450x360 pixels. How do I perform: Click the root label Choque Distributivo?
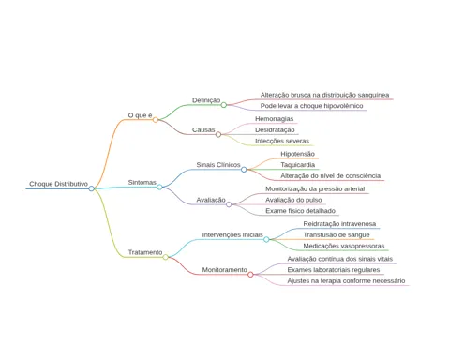coord(58,184)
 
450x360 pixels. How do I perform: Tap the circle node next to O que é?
coord(156,120)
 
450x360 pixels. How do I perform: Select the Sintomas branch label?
coord(142,182)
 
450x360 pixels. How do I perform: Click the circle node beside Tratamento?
coord(165,257)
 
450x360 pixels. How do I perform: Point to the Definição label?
coord(206,100)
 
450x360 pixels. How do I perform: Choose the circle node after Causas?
coord(218,134)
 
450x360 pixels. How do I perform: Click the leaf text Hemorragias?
coord(275,119)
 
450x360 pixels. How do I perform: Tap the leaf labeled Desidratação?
coord(275,129)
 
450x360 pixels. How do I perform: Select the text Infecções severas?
coord(282,141)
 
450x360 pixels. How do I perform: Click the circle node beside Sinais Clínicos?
coord(244,170)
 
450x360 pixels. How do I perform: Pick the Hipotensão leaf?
coord(297,154)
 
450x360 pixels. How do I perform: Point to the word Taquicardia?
coord(297,165)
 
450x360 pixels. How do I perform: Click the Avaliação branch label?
coord(211,200)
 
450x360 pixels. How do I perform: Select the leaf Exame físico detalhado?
coord(300,211)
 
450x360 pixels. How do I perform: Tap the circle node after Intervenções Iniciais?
coord(266,239)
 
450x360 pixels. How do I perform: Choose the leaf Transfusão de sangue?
coord(337,234)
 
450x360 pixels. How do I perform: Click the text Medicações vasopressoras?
coord(344,246)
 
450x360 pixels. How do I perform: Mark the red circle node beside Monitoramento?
coord(250,275)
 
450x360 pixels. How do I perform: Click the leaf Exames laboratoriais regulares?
coord(334,270)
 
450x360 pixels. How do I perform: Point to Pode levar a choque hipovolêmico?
coord(311,106)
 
